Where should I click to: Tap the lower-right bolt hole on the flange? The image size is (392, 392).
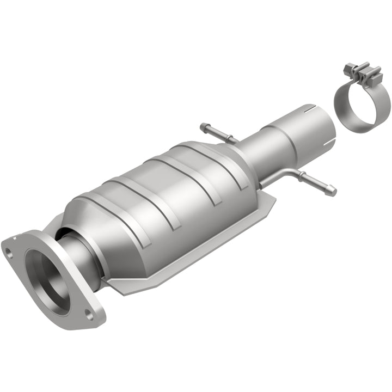[x=89, y=313]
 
